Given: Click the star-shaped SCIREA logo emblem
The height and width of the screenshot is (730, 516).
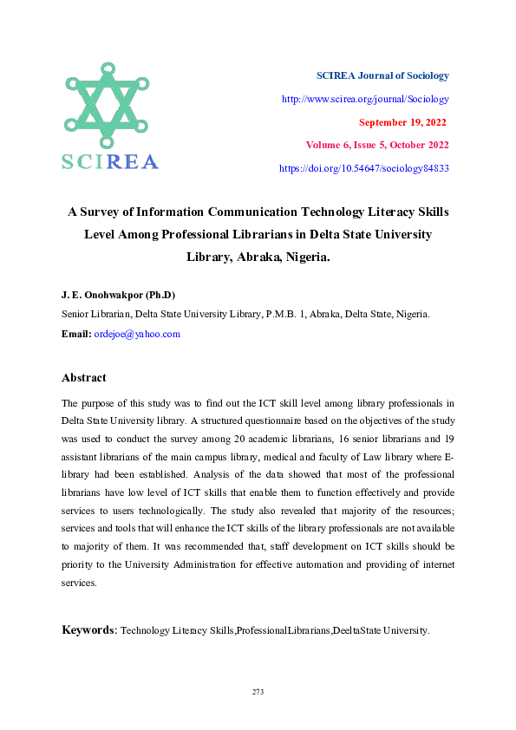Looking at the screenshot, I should (106, 104).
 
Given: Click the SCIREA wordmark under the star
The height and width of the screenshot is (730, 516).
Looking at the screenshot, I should (109, 162).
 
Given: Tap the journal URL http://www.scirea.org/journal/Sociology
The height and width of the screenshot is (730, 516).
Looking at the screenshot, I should (365, 99).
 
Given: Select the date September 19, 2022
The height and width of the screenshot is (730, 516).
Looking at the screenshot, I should (403, 122).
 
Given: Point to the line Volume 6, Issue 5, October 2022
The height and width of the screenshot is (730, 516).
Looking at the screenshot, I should (377, 145).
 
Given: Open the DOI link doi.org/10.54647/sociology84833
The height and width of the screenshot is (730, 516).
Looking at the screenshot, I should (363, 168).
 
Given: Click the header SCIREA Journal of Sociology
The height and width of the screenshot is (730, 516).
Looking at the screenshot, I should (382, 76).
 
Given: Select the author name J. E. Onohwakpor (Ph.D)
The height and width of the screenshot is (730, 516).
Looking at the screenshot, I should (118, 295).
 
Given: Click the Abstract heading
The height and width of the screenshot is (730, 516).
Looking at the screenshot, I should (84, 378).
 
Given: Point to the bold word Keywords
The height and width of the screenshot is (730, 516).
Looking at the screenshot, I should (88, 629).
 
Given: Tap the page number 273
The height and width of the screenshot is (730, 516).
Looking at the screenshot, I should (258, 692).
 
